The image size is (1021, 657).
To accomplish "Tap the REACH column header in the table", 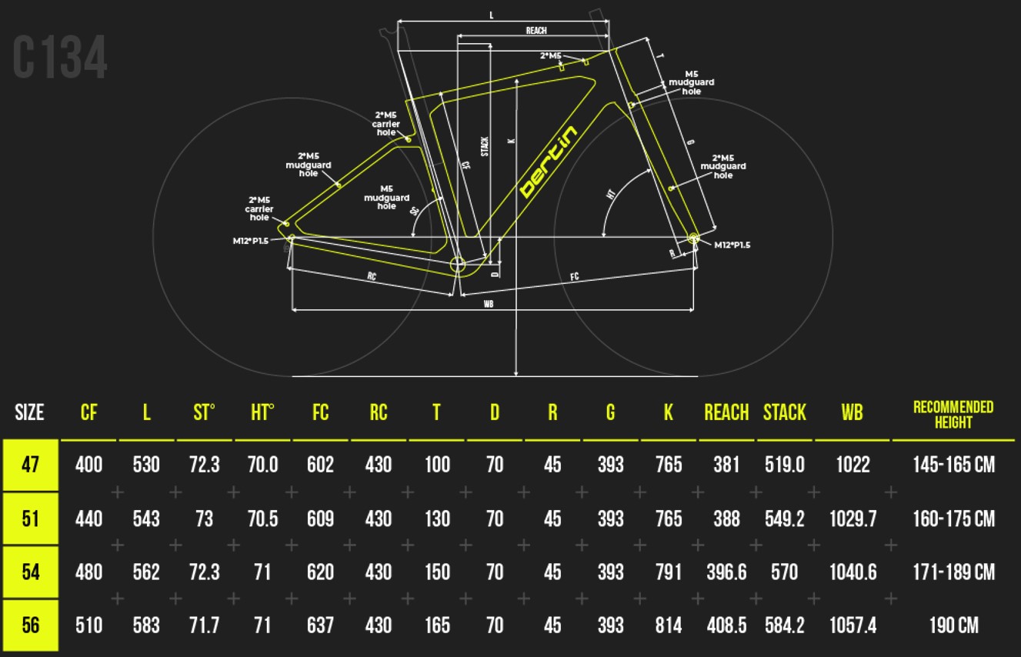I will pyautogui.click(x=726, y=413).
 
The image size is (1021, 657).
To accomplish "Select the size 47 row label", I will pyautogui.click(x=30, y=465).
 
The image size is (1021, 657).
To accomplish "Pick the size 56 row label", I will pyautogui.click(x=30, y=625).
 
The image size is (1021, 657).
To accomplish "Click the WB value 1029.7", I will pyautogui.click(x=852, y=519).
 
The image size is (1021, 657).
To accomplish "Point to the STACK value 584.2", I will pyautogui.click(x=784, y=625).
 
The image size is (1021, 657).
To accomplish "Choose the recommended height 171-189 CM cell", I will pyautogui.click(x=953, y=572).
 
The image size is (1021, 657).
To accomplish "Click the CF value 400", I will pyautogui.click(x=88, y=465).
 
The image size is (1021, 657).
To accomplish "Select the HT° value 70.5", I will pyautogui.click(x=262, y=519).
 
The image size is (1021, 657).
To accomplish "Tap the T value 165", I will pyautogui.click(x=436, y=625).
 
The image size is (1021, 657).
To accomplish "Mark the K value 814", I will pyautogui.click(x=668, y=625).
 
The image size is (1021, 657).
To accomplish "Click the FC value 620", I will pyautogui.click(x=320, y=572).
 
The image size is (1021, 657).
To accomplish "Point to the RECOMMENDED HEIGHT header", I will pyautogui.click(x=953, y=414).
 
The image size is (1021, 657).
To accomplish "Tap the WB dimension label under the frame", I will pyautogui.click(x=489, y=304).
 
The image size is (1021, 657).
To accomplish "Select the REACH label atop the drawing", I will pyautogui.click(x=536, y=31).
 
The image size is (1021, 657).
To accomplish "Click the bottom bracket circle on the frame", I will pyautogui.click(x=458, y=265).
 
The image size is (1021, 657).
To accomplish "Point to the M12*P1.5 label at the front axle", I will pyautogui.click(x=732, y=245).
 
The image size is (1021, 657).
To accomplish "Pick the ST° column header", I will pyautogui.click(x=204, y=413).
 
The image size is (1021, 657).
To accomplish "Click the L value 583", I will pyautogui.click(x=146, y=625).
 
